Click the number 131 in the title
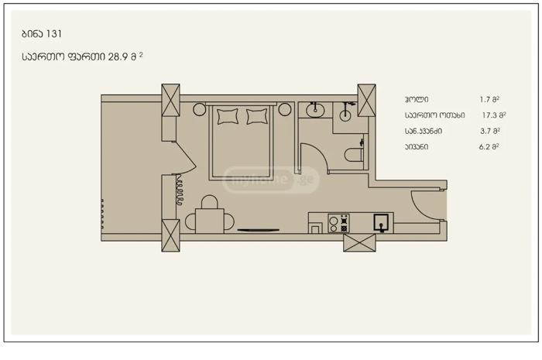coord(54,34)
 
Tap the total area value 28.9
coord(118,57)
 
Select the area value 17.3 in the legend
coord(490,115)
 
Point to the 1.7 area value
coord(485,100)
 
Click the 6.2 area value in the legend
coord(485,147)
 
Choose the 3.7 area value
coord(485,131)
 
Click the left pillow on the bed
coord(228,116)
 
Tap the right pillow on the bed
coord(257,116)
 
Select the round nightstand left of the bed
coord(200,109)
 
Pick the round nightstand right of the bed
coord(285,109)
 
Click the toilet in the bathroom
coord(354,154)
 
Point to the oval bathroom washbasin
coord(315,111)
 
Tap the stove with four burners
coord(339,224)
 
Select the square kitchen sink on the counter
coord(381,223)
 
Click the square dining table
coord(210,221)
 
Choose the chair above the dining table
coord(210,202)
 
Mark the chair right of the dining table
coord(229,221)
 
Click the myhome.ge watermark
coord(270,180)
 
